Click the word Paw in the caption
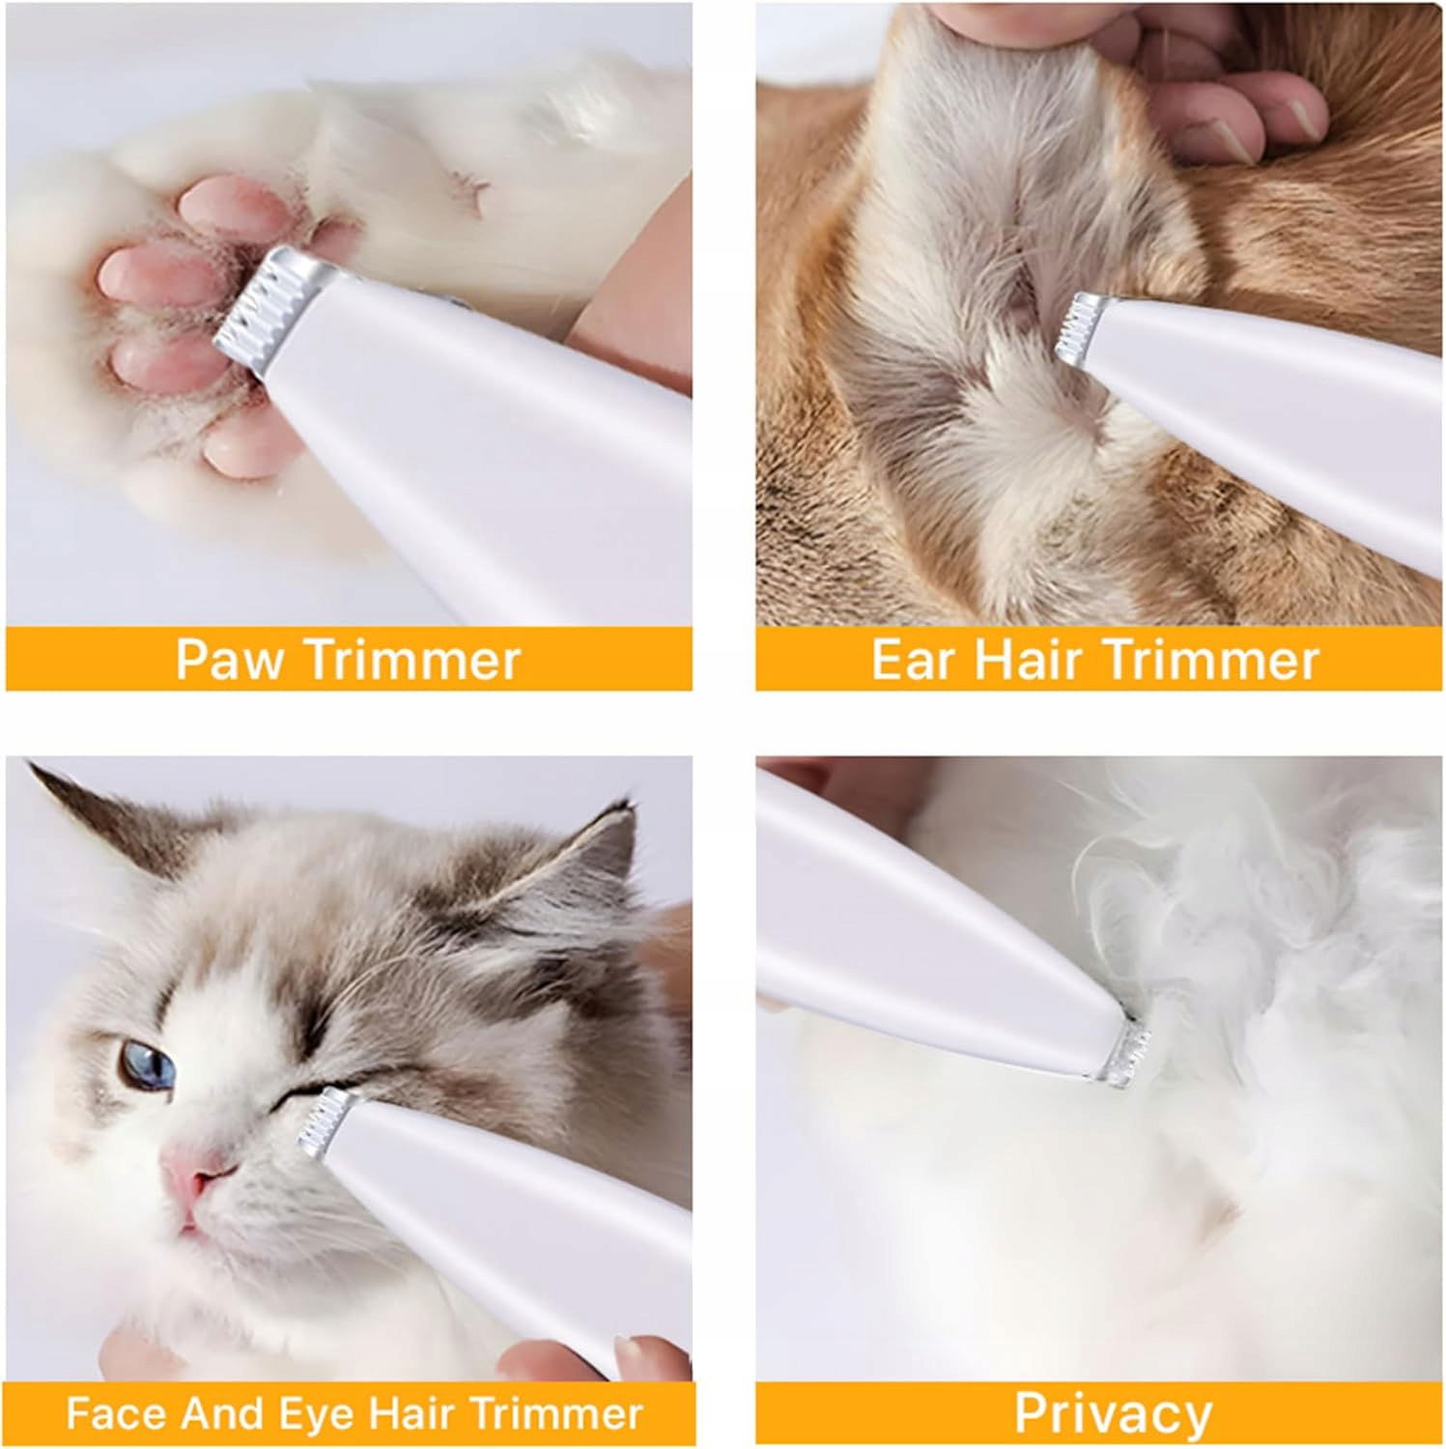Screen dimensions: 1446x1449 click(x=230, y=660)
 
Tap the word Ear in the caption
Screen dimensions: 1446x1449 click(x=912, y=660)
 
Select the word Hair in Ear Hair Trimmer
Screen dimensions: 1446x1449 click(x=1028, y=660)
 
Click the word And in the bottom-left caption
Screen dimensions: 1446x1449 click(x=223, y=1414)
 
